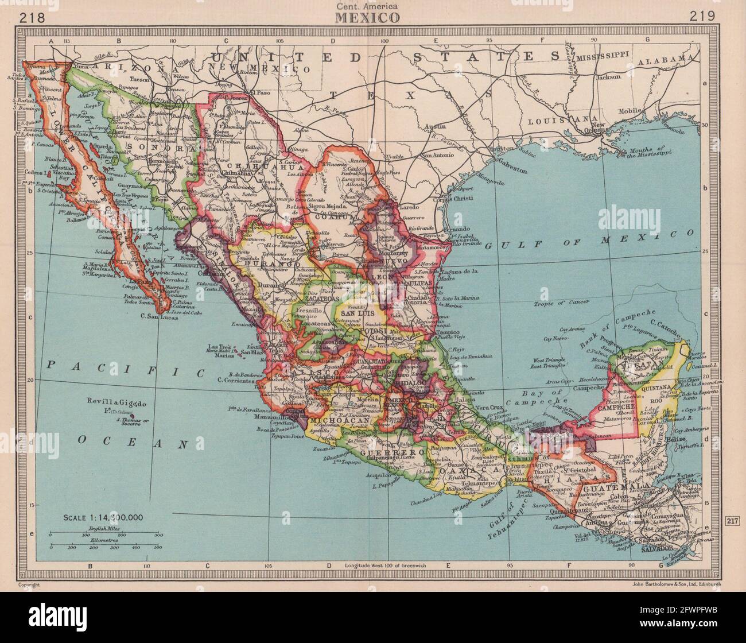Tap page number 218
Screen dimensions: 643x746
[x=33, y=17]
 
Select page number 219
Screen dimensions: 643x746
[x=702, y=17]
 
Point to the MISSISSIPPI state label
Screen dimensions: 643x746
[x=603, y=59]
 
